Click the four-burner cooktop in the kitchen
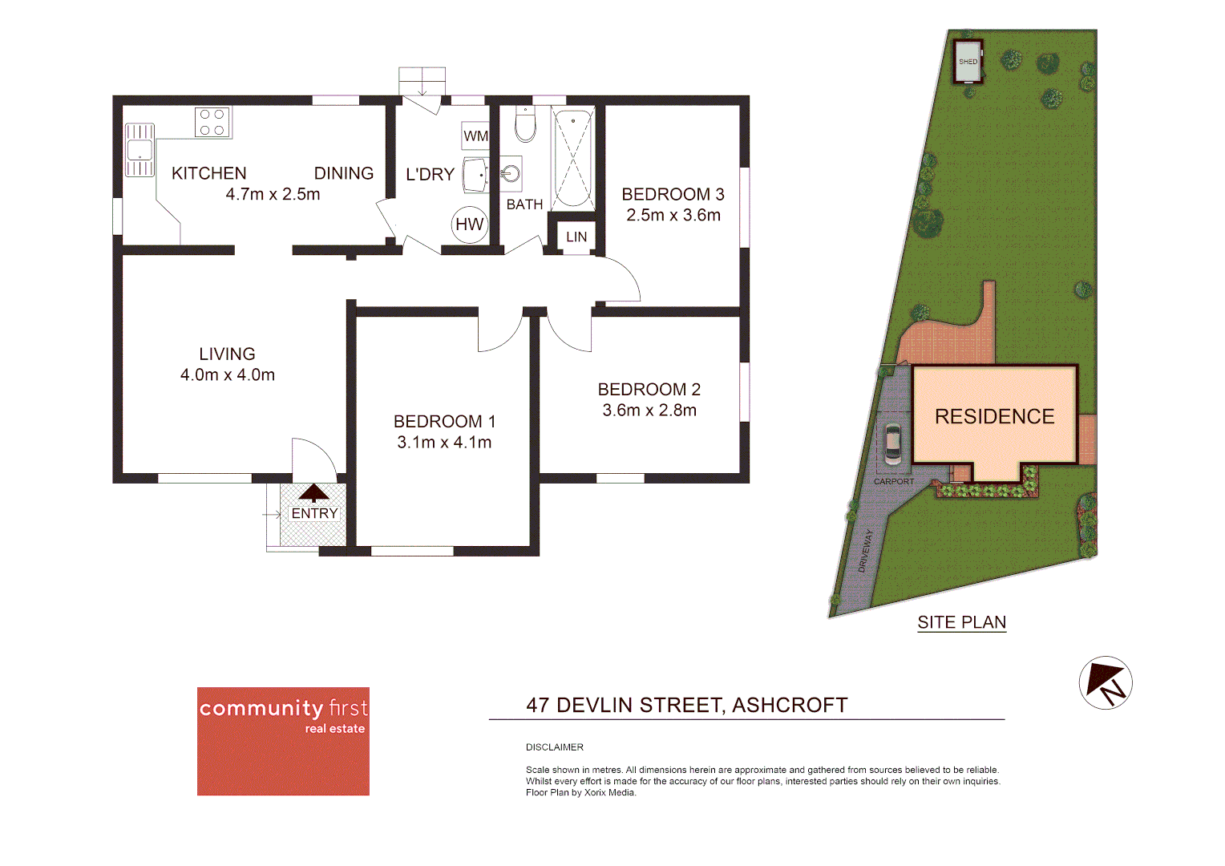click(x=212, y=122)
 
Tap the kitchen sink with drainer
click(x=139, y=149)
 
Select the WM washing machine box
click(x=475, y=136)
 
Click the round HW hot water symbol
click(x=470, y=225)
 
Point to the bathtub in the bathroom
click(x=572, y=158)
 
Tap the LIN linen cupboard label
click(x=576, y=237)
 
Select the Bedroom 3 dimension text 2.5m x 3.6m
click(x=673, y=215)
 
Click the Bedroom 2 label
click(x=649, y=389)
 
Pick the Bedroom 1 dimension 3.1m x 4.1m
click(x=444, y=442)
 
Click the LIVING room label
click(x=227, y=354)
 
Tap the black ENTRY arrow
click(x=313, y=492)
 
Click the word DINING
click(x=343, y=173)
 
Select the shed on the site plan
click(x=968, y=62)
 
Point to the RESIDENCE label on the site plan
click(x=994, y=416)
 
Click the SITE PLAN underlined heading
click(x=961, y=622)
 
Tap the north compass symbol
click(x=1105, y=683)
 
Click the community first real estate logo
click(x=283, y=740)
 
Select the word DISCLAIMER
click(x=555, y=747)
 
